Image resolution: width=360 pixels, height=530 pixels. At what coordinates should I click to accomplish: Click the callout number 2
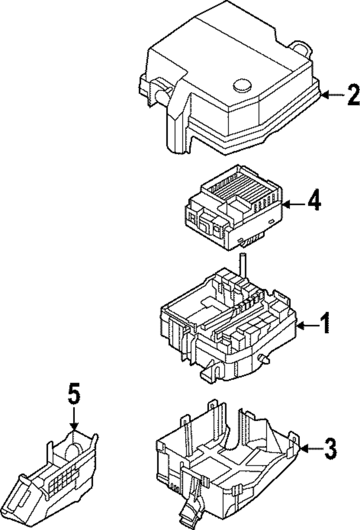coord(353,95)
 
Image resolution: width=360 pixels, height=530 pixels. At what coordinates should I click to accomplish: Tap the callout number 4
coord(314,203)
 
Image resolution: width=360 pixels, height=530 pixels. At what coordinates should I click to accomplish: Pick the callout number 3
coord(330,448)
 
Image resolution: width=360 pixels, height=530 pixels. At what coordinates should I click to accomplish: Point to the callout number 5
coord(74,394)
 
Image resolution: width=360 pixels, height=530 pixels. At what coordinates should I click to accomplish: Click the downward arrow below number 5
coord(74,419)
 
